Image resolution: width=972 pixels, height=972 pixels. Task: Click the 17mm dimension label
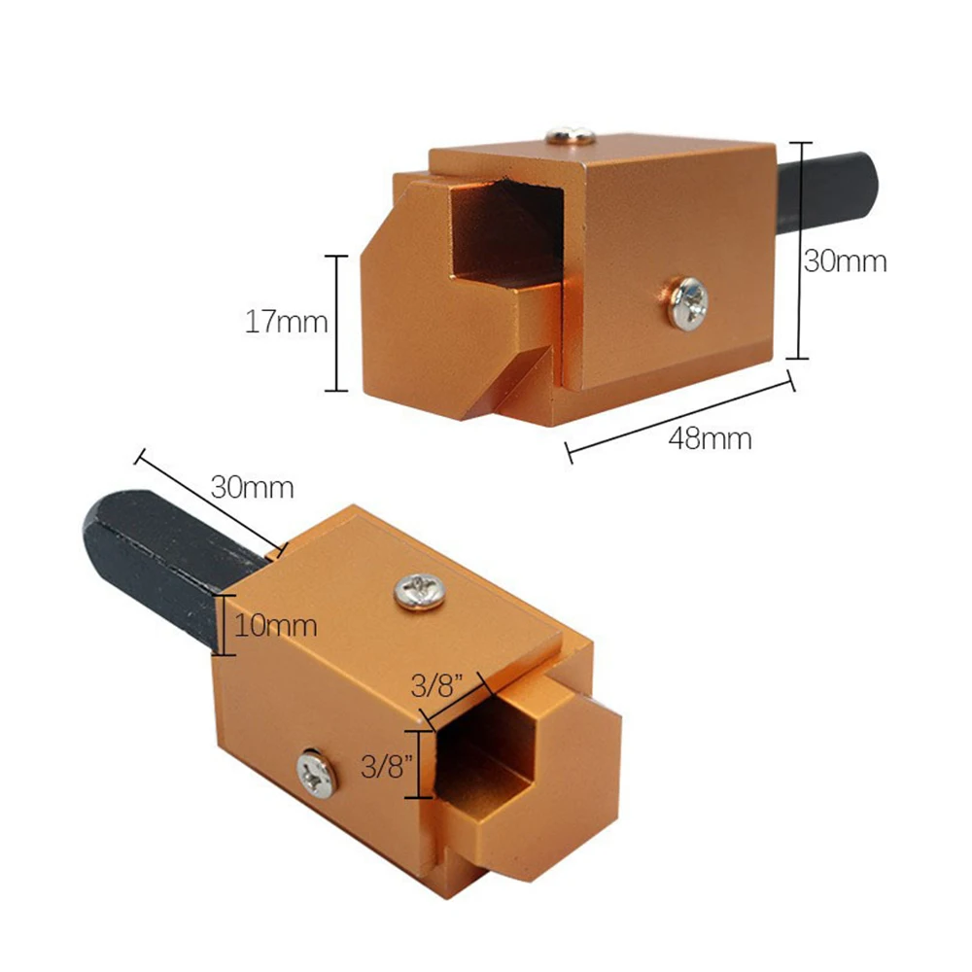pyautogui.click(x=287, y=323)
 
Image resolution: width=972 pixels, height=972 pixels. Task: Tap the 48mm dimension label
pyautogui.click(x=711, y=439)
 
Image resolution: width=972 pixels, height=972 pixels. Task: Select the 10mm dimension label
pyautogui.click(x=276, y=626)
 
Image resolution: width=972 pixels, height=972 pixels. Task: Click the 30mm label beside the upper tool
pyautogui.click(x=846, y=260)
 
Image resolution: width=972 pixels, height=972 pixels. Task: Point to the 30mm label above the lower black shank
pyautogui.click(x=253, y=487)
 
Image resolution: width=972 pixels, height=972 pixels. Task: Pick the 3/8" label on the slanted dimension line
pyautogui.click(x=437, y=686)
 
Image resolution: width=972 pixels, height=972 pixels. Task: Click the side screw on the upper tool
pyautogui.click(x=688, y=303)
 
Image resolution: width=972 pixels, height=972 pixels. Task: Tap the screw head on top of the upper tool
pyautogui.click(x=571, y=134)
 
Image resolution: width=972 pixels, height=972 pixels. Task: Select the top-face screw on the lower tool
pyautogui.click(x=419, y=592)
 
